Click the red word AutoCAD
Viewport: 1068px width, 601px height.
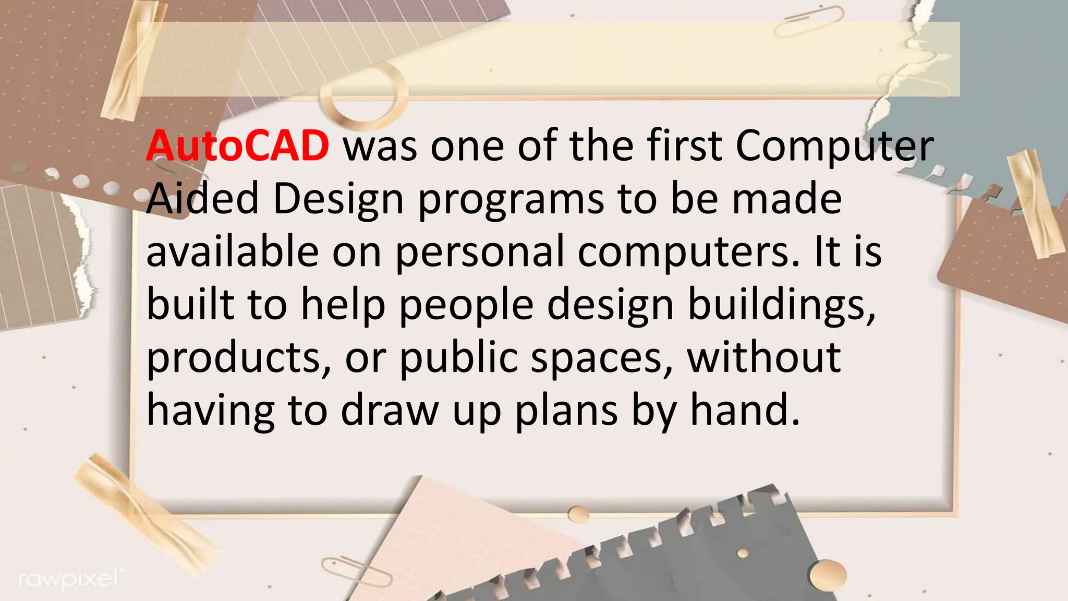[x=237, y=146]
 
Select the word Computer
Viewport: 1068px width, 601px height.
[x=834, y=147]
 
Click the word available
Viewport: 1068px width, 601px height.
[x=232, y=251]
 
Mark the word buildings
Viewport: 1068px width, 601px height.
[x=781, y=305]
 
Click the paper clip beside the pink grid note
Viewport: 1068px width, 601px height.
[x=357, y=571]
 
